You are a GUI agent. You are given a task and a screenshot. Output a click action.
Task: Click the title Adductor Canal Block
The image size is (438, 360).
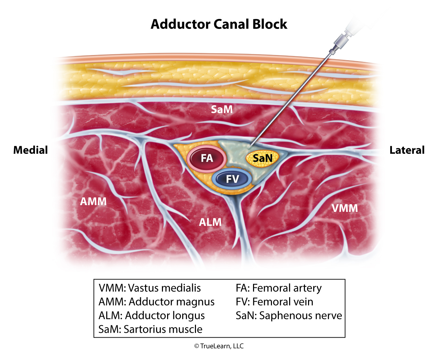click(219, 24)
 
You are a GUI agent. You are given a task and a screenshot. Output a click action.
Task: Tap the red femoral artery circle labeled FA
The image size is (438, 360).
click(207, 158)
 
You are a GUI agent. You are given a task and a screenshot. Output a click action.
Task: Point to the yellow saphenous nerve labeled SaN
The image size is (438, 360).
click(263, 158)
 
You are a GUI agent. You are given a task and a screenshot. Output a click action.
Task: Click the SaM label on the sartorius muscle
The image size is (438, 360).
click(222, 109)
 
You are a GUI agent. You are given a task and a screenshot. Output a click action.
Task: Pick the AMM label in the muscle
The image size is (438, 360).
click(93, 201)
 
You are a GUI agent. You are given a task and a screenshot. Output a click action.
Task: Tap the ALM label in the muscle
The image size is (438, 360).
click(210, 222)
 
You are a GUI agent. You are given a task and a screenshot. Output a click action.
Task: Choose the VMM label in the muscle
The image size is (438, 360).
click(344, 208)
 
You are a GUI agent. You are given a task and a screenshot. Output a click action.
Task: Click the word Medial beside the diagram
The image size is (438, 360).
click(31, 150)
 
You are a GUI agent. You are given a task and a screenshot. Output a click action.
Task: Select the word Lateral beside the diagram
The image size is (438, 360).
click(407, 150)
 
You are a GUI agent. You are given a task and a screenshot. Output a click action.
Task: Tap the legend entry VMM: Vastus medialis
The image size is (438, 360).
click(150, 288)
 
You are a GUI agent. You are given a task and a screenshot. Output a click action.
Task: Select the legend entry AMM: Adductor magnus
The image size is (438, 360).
click(156, 302)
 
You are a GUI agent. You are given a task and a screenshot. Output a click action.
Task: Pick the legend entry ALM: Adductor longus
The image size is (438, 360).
click(152, 316)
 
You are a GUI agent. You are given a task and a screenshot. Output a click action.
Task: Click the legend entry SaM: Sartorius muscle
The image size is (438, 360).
click(150, 329)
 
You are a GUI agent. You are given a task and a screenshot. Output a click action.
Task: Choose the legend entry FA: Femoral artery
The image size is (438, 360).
click(278, 288)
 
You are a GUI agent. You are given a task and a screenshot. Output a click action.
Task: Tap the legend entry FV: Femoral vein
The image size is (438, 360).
click(274, 302)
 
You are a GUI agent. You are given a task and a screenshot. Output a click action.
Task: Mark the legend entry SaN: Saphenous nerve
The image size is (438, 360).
click(289, 316)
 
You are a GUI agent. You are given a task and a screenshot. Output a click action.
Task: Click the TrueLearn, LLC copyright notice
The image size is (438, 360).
click(219, 346)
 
